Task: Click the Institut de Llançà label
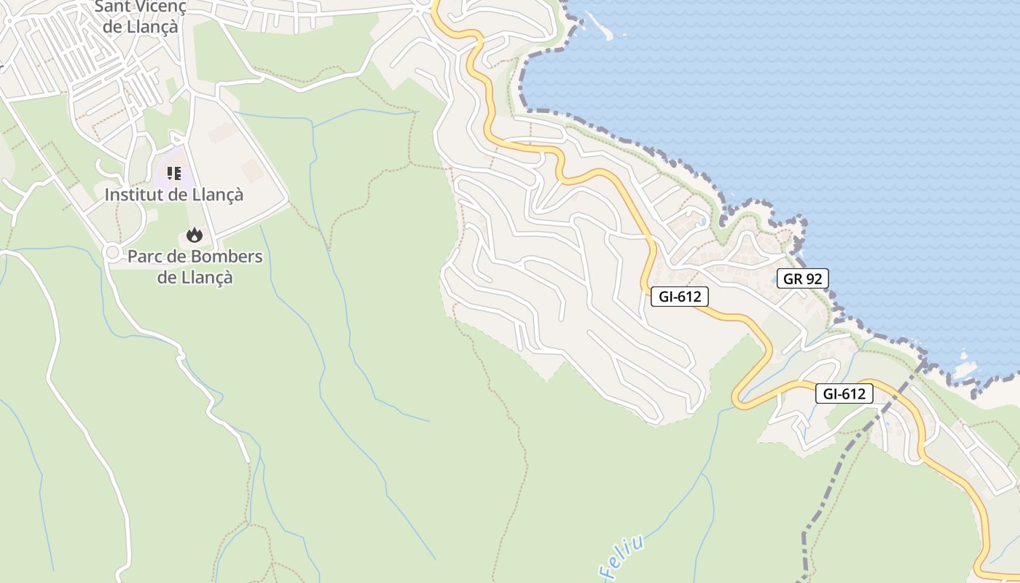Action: (x=173, y=195)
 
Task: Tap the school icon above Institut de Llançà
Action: (x=173, y=173)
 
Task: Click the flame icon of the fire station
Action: (x=194, y=235)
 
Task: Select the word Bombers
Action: (x=227, y=257)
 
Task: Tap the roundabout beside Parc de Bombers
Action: (x=111, y=252)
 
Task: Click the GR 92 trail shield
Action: (x=802, y=278)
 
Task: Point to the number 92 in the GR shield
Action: (x=813, y=278)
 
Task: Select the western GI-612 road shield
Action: (x=679, y=297)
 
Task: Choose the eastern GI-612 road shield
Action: (x=844, y=394)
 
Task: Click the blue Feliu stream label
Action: (x=623, y=558)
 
